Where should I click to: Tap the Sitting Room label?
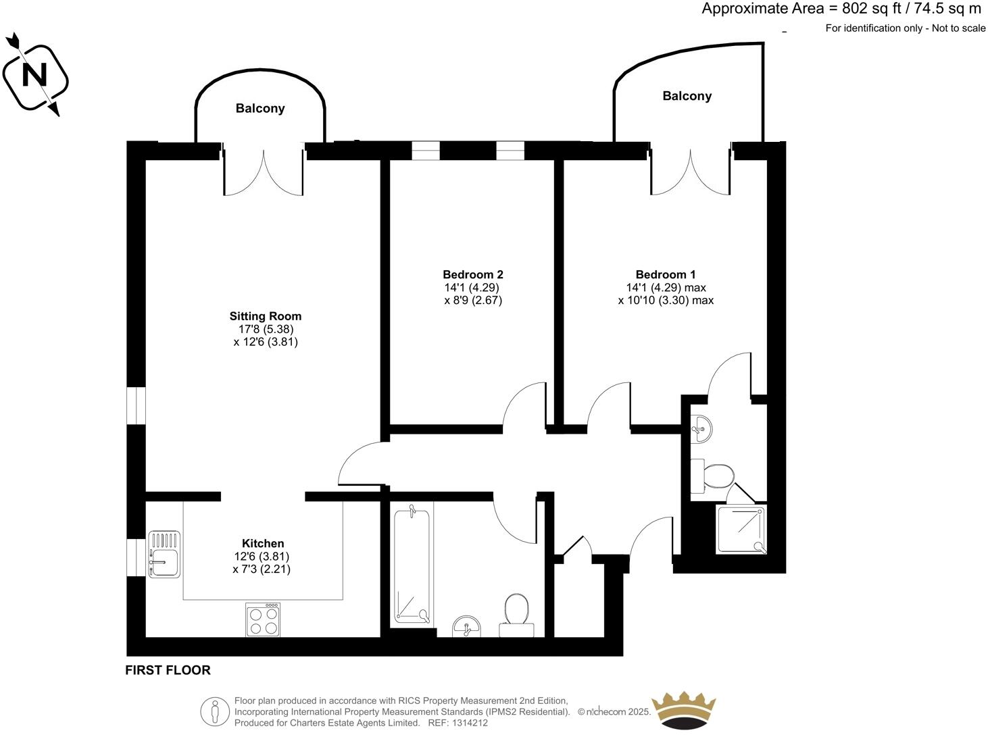(266, 316)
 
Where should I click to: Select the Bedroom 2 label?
(473, 274)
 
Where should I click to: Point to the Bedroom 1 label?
(665, 274)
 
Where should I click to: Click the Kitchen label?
(263, 543)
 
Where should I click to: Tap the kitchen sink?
(164, 554)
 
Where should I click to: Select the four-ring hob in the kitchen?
(264, 619)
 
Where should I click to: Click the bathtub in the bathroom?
(412, 566)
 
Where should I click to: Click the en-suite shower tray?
(742, 529)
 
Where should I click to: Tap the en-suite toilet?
(714, 476)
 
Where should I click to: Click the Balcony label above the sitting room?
(260, 108)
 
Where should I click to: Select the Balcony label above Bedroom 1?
(687, 96)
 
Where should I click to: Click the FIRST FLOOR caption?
(168, 670)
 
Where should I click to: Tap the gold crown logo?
(683, 711)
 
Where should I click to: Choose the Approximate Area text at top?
(841, 9)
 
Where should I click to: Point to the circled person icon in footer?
(216, 711)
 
